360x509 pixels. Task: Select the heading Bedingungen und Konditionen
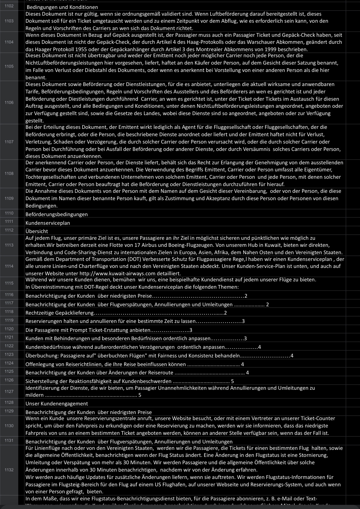tap(62, 7)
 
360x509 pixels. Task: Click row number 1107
tap(9, 141)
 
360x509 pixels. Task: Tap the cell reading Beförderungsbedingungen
tap(57, 214)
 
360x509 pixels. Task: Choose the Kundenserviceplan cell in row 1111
tap(48, 223)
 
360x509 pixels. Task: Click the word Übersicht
tap(37, 231)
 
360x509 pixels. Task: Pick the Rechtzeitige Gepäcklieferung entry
tap(60, 313)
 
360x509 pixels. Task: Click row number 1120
tap(9, 329)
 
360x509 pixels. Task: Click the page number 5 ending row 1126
tap(232, 381)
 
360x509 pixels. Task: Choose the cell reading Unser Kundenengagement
tap(57, 403)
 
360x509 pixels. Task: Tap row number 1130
tap(9, 426)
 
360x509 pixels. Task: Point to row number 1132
tap(9, 470)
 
